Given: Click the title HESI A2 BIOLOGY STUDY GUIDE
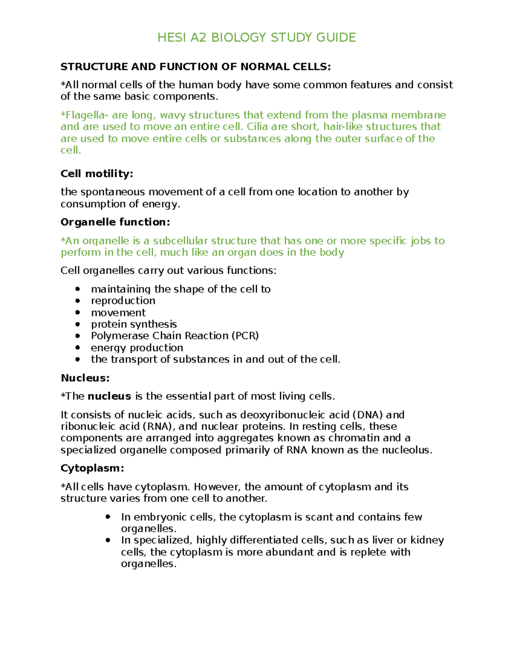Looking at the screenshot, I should coord(257,38).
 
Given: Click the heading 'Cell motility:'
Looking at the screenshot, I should coord(97,173).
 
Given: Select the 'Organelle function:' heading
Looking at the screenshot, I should coord(115,222).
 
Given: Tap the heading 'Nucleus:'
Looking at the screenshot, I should coord(85,378).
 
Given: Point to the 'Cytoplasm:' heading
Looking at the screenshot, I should coord(92,468).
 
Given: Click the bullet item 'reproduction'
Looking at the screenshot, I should coord(123,301).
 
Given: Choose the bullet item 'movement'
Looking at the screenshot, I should coord(118,313).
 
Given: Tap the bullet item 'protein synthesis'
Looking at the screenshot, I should coord(134,324).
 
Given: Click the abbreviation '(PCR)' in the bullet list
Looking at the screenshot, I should coord(245,336).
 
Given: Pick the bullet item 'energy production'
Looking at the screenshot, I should coord(137,348).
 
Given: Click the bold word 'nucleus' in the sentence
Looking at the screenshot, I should coord(109,396).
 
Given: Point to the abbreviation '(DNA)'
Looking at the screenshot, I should coord(368,415).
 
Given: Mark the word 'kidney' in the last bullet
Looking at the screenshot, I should coord(427,540).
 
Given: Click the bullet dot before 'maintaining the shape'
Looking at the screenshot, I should coord(78,289).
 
